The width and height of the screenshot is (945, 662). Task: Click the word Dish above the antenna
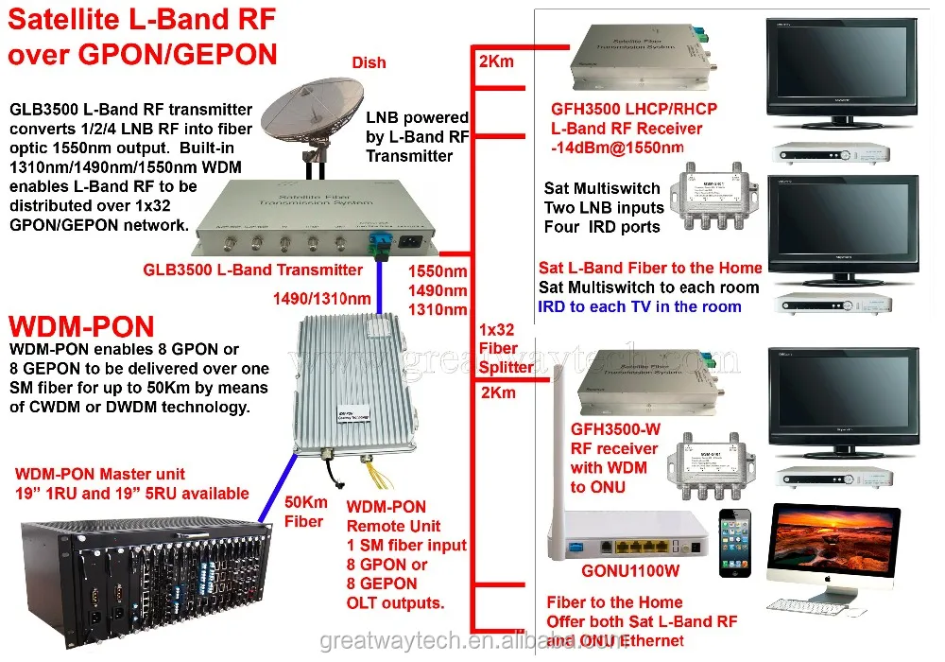click(368, 62)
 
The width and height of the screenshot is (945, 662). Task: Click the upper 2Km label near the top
click(496, 62)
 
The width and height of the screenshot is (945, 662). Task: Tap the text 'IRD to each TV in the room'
click(640, 306)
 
